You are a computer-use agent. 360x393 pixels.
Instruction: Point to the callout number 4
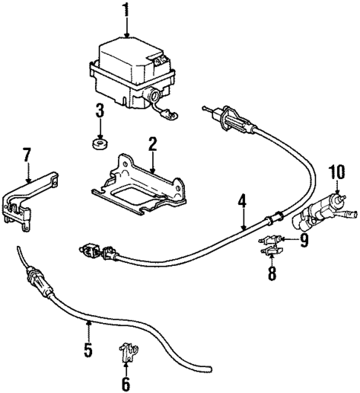click(241, 200)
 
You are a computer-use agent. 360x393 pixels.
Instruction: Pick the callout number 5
click(88, 348)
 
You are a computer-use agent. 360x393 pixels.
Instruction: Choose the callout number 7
click(26, 155)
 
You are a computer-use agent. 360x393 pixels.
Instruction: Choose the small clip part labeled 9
click(271, 239)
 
